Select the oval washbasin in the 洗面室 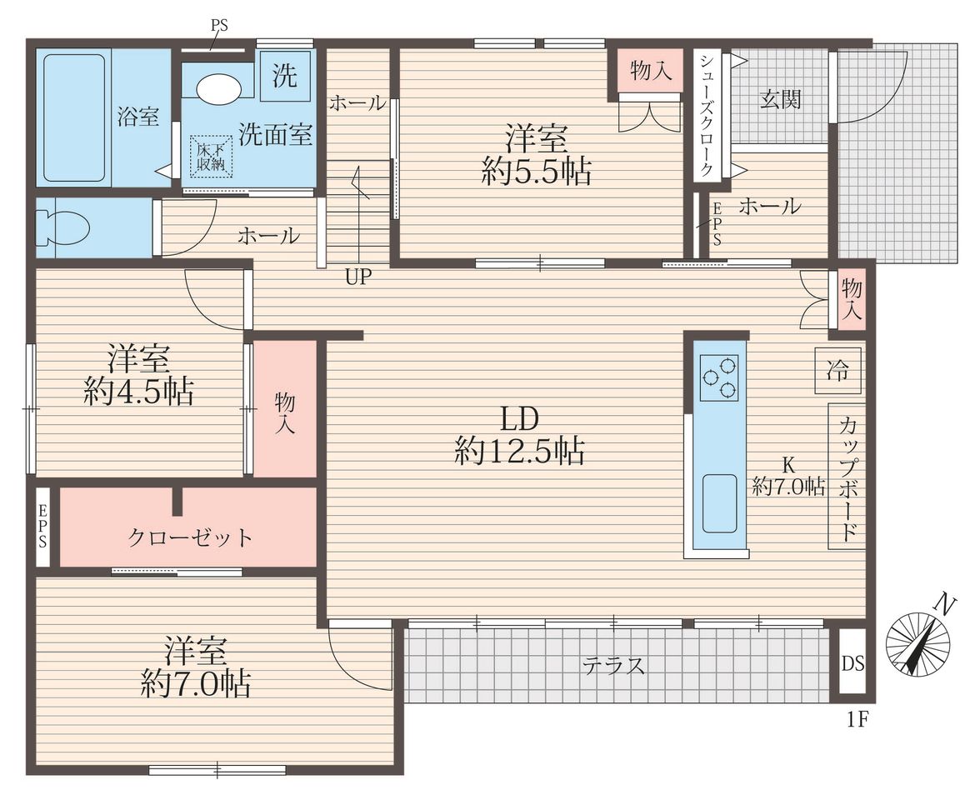point(218,87)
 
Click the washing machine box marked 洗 point(284,76)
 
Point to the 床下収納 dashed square point(212,157)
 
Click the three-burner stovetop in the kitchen point(718,377)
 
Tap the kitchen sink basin point(719,503)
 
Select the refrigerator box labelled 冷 point(837,372)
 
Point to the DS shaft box point(852,663)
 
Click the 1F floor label point(857,720)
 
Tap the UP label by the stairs point(358,277)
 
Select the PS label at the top point(218,26)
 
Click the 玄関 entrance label point(780,99)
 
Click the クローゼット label point(190,537)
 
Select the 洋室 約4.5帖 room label point(138,374)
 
